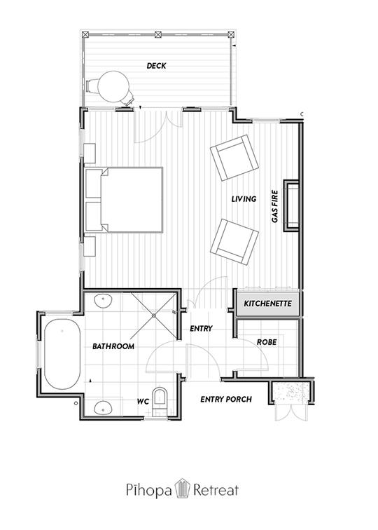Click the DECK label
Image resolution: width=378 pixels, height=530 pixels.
pyautogui.click(x=156, y=66)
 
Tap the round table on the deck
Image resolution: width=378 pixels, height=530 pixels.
pyautogui.click(x=113, y=86)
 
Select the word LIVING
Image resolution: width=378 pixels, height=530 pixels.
pyautogui.click(x=244, y=199)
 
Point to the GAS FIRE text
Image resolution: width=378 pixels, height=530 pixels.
pyautogui.click(x=275, y=207)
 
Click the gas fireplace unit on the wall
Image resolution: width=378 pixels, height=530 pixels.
pyautogui.click(x=292, y=206)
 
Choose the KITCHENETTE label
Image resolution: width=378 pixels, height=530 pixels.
pyautogui.click(x=267, y=303)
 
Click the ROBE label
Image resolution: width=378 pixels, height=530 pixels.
pyautogui.click(x=267, y=342)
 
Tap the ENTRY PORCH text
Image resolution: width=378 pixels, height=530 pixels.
pyautogui.click(x=226, y=399)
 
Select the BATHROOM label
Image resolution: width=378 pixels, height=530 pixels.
pyautogui.click(x=113, y=346)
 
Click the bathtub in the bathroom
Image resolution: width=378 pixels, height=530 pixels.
pyautogui.click(x=62, y=354)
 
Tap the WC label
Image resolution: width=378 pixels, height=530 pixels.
pyautogui.click(x=143, y=402)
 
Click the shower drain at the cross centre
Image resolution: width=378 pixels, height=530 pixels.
pyautogui.click(x=154, y=315)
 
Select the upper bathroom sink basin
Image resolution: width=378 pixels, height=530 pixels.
pyautogui.click(x=103, y=301)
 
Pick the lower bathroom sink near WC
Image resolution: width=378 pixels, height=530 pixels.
pyautogui.click(x=103, y=407)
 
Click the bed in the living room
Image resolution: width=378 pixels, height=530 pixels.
pyautogui.click(x=123, y=199)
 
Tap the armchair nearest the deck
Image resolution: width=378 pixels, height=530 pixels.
pyautogui.click(x=234, y=158)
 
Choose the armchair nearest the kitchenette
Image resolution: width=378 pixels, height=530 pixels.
pyautogui.click(x=234, y=242)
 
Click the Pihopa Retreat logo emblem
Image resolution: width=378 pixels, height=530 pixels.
pyautogui.click(x=182, y=489)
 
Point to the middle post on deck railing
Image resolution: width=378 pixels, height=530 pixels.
pyautogui.click(x=158, y=34)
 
